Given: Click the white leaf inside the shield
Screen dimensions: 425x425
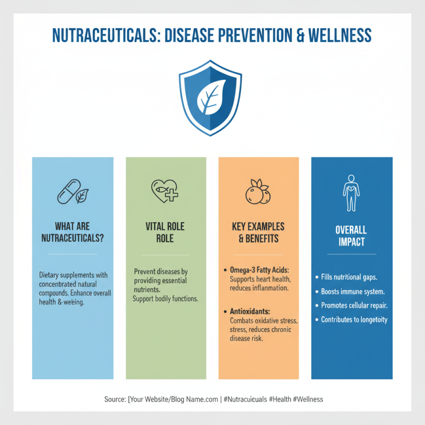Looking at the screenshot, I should pyautogui.click(x=211, y=97).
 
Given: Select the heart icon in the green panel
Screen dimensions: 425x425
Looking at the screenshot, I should pyautogui.click(x=164, y=191).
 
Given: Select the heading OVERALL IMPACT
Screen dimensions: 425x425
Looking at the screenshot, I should pyautogui.click(x=351, y=236).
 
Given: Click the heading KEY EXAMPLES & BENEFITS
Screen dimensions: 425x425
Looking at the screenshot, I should pyautogui.click(x=258, y=232).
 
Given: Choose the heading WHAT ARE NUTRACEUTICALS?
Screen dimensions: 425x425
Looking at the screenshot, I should pyautogui.click(x=72, y=232).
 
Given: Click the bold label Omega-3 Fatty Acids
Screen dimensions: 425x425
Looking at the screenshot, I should pyautogui.click(x=259, y=270).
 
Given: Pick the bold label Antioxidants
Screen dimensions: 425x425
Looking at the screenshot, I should pyautogui.click(x=251, y=312).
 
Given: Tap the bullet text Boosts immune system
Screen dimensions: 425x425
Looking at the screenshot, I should pyautogui.click(x=353, y=292).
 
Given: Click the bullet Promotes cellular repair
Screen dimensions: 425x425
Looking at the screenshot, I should pyautogui.click(x=355, y=305).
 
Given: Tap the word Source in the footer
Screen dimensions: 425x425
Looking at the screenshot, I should pyautogui.click(x=114, y=399).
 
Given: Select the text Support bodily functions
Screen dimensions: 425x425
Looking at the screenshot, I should pyautogui.click(x=165, y=299).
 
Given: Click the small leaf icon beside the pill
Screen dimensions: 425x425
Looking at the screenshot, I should pyautogui.click(x=82, y=196).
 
